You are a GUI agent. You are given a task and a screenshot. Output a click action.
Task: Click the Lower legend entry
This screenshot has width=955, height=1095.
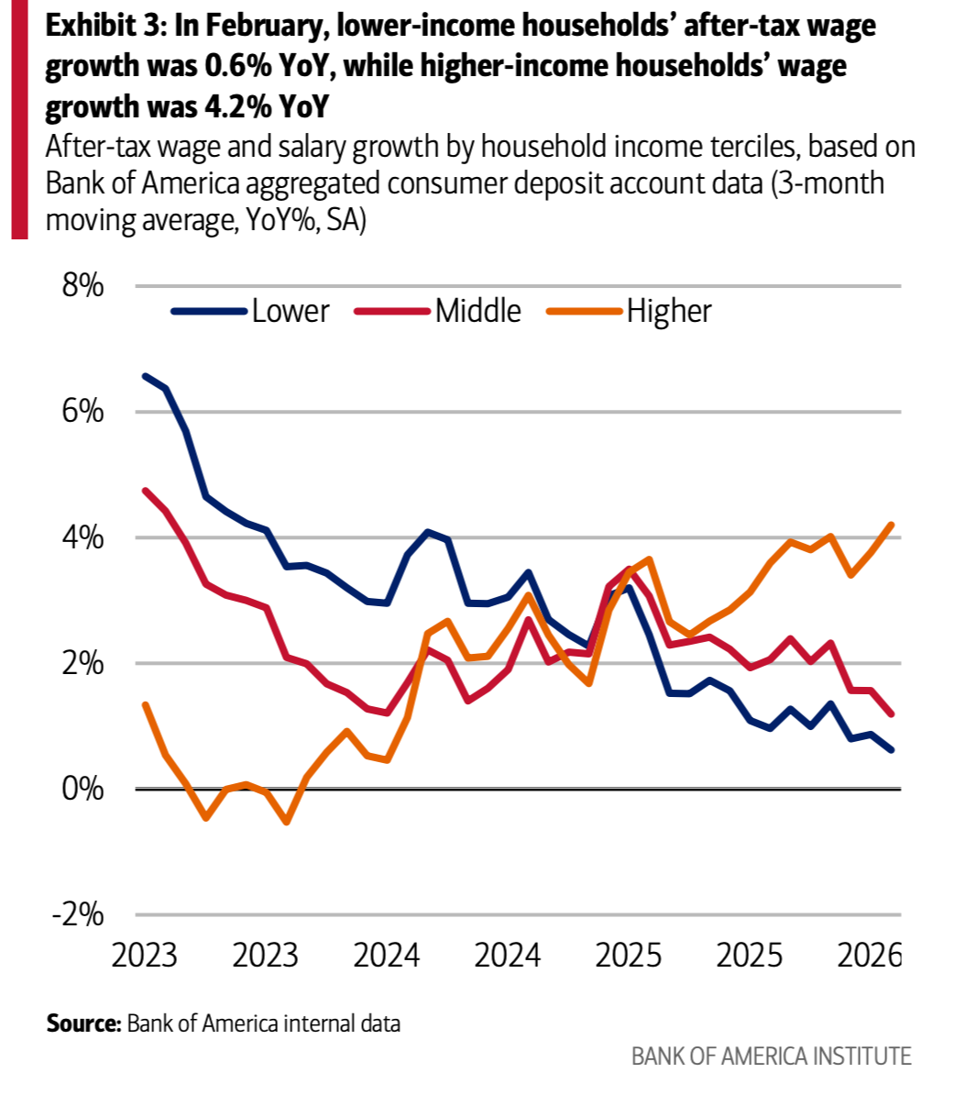(290, 311)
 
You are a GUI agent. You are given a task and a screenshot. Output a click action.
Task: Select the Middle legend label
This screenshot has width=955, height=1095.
(477, 311)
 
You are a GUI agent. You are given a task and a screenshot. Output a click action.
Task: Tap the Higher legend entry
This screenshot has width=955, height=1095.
(669, 311)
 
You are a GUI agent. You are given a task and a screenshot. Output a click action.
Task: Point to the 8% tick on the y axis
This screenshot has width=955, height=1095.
(82, 287)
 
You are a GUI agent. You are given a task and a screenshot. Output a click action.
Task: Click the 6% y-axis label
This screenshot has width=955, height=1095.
(82, 413)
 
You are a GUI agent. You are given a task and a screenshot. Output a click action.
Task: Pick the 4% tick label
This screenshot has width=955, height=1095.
(82, 538)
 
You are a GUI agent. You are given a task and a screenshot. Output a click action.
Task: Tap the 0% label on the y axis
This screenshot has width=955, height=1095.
(82, 790)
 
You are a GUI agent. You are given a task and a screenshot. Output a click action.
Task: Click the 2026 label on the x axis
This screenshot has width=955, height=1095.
(870, 956)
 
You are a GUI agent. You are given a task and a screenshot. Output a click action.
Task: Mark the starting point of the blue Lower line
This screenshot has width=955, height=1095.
(145, 376)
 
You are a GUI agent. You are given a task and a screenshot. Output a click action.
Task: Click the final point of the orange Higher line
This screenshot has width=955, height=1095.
(892, 525)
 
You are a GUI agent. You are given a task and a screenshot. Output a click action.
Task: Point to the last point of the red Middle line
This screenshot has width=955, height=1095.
(892, 713)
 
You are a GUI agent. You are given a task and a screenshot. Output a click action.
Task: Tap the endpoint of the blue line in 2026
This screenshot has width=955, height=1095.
(892, 750)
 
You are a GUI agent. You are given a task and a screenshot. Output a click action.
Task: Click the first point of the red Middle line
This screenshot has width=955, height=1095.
(145, 491)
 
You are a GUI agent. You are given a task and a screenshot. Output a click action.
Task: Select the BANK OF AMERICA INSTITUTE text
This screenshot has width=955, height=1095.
(771, 1056)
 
